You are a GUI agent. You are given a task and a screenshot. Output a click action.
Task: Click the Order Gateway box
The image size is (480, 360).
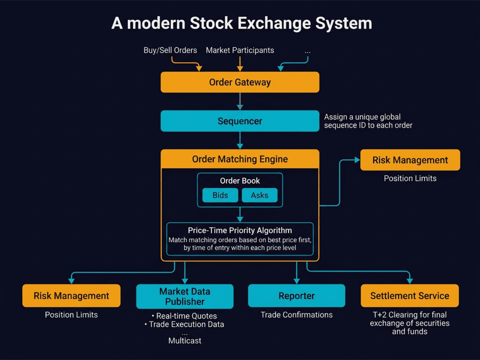(240, 82)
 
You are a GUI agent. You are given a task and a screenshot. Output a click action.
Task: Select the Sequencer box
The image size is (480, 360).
(240, 121)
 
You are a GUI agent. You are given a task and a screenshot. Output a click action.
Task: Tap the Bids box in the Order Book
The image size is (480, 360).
(220, 195)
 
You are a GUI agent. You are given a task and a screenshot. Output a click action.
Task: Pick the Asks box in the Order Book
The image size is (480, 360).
(259, 195)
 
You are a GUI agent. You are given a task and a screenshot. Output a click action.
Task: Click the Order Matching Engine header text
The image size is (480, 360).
(240, 159)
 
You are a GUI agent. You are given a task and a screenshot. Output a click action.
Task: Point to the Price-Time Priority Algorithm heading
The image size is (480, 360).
(240, 230)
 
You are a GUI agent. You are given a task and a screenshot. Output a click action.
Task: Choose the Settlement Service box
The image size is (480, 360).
(409, 296)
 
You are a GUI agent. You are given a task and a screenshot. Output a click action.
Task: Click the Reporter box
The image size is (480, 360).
(296, 296)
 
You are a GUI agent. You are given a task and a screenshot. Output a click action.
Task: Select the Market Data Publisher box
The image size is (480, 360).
(185, 296)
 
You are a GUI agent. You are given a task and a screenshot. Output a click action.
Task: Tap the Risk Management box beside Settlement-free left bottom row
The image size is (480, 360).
(71, 296)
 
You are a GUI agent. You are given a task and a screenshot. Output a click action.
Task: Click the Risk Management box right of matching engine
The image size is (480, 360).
(410, 160)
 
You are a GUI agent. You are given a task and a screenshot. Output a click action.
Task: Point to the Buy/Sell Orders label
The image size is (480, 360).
(170, 50)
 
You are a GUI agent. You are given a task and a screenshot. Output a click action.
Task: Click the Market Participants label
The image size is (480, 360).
(240, 50)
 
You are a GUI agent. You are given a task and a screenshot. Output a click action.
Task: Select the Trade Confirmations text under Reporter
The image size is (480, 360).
(296, 315)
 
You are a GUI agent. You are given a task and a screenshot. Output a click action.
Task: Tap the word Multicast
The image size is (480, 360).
(185, 341)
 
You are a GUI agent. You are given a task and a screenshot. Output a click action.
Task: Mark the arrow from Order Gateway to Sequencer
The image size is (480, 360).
(240, 101)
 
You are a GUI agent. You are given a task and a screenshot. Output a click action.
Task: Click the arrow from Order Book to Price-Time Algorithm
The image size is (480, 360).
(240, 215)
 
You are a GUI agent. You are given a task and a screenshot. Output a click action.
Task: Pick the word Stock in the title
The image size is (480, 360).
(211, 23)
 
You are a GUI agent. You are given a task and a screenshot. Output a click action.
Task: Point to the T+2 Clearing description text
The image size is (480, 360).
(409, 323)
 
